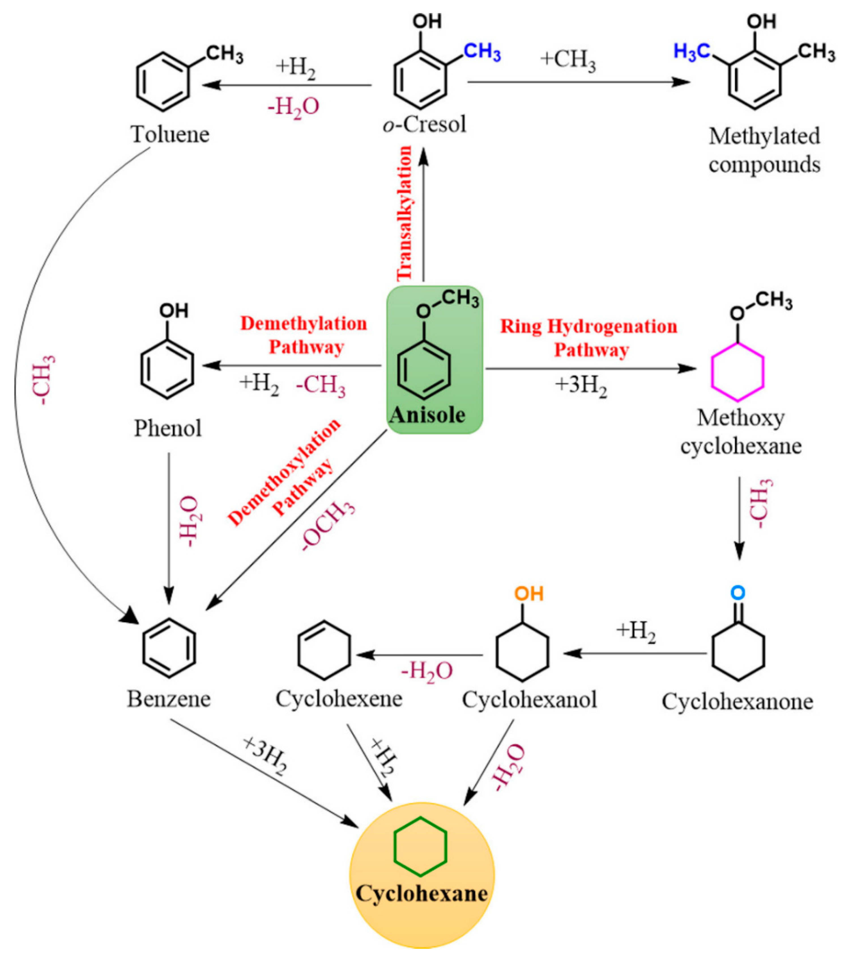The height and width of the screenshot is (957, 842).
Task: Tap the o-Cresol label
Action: tap(424, 124)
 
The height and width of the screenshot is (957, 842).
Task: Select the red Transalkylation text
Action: tap(405, 213)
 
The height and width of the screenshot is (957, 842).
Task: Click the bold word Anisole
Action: tap(428, 415)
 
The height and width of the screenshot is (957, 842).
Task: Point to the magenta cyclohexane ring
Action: tap(737, 372)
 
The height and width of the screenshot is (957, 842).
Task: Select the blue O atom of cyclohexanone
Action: tap(737, 593)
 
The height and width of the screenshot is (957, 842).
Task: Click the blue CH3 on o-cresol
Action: tap(482, 52)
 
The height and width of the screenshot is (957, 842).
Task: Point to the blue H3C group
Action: tap(693, 52)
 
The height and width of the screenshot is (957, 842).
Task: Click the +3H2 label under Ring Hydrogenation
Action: tap(581, 386)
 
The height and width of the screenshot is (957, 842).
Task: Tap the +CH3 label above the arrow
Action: tap(568, 61)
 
